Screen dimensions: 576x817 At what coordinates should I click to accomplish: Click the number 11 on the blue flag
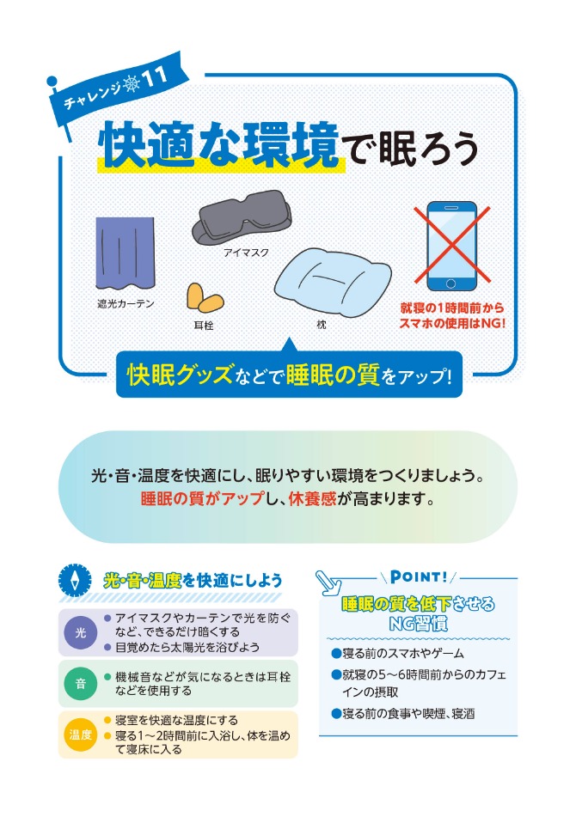[153, 77]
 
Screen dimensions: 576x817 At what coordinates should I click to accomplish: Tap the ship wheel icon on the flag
[132, 84]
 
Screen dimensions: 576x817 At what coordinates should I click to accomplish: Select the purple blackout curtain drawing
[126, 253]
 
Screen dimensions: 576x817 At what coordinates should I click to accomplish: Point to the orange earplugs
[205, 299]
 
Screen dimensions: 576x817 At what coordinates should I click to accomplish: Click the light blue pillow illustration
[333, 282]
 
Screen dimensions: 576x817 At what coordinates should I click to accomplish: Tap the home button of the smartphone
[451, 284]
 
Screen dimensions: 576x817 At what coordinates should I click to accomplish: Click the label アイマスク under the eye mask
[246, 253]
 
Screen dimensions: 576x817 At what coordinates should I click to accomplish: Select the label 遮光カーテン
[126, 304]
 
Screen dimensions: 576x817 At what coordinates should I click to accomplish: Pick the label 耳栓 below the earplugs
[203, 326]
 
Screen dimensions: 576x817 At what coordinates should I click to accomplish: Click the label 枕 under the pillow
[322, 325]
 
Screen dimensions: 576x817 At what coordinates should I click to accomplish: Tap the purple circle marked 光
[81, 632]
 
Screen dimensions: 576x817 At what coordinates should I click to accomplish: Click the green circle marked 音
[81, 684]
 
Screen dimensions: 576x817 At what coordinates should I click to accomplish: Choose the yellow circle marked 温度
[81, 735]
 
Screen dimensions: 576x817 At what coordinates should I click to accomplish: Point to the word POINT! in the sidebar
[419, 576]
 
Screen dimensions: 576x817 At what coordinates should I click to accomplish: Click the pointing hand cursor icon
[328, 582]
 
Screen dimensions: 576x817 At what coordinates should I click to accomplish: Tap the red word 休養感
[312, 499]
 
